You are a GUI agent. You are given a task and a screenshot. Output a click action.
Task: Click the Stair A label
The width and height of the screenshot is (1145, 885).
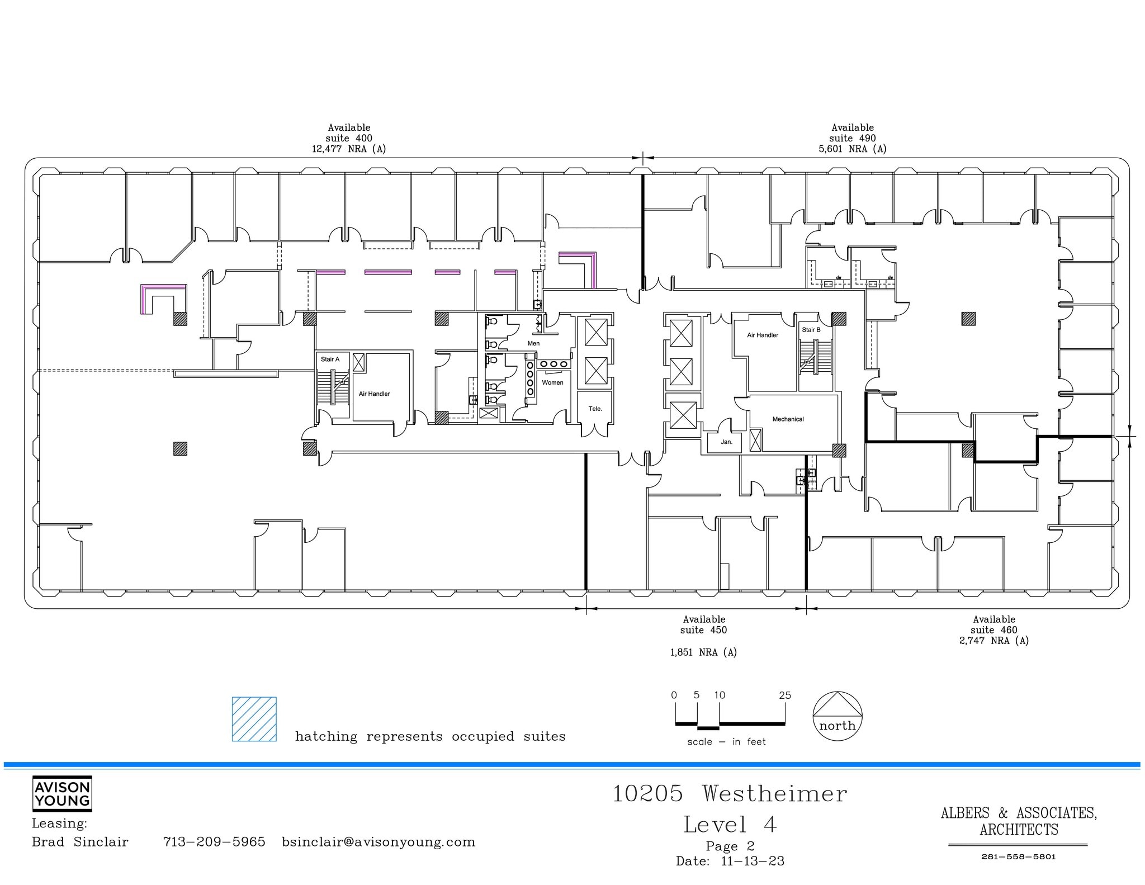(x=330, y=359)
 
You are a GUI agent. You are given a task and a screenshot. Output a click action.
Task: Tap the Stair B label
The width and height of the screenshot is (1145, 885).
(x=811, y=330)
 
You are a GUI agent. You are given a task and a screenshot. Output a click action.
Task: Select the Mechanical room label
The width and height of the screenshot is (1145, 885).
(x=788, y=419)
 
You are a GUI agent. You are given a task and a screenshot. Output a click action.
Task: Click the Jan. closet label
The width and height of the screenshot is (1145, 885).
(x=726, y=442)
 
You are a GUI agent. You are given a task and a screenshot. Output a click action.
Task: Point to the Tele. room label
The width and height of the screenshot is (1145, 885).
(x=595, y=409)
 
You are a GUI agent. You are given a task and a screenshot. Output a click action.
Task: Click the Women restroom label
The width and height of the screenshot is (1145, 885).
(x=552, y=382)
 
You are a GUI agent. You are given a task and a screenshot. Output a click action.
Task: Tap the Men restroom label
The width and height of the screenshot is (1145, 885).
(x=533, y=343)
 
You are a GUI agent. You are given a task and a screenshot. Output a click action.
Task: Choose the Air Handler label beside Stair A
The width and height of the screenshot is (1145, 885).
(x=374, y=394)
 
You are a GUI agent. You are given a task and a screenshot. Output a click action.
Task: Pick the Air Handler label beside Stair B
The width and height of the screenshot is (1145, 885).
(x=763, y=335)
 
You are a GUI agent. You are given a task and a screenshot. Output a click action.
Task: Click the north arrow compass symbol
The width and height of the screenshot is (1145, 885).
(x=837, y=716)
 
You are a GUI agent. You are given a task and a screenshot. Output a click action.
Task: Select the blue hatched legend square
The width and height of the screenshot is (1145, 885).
(x=254, y=719)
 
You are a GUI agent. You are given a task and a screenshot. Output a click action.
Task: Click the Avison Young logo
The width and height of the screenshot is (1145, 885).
(x=62, y=794)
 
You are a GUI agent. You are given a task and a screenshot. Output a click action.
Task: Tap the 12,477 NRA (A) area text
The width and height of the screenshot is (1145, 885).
(x=349, y=149)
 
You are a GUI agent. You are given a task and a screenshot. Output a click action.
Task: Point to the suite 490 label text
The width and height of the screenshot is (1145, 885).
(x=852, y=138)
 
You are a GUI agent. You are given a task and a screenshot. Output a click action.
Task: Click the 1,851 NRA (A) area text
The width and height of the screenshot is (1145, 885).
(x=703, y=652)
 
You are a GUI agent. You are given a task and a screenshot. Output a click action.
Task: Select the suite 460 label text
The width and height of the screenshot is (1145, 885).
(x=993, y=630)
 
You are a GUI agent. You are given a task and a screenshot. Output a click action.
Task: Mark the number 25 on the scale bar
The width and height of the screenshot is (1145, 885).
(x=784, y=695)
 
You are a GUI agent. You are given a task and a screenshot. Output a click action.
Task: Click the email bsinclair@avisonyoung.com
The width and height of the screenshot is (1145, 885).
(x=378, y=842)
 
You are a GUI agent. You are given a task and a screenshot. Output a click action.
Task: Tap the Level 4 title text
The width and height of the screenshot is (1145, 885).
(x=730, y=825)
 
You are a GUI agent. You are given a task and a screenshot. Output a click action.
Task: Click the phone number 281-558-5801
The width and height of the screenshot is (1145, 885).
(x=1018, y=856)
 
